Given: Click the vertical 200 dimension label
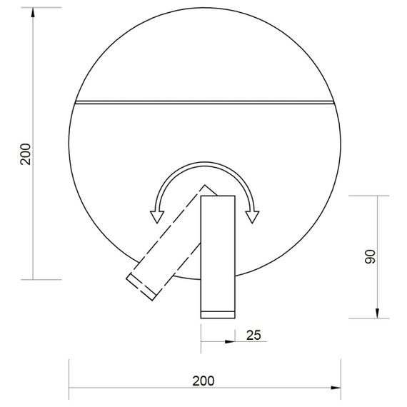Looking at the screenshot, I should point(26,154).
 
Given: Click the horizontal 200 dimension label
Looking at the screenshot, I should point(203,380).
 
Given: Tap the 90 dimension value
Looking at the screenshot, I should point(370,257).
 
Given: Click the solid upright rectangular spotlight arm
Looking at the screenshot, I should point(217,250).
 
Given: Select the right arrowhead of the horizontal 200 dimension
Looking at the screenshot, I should point(335,387).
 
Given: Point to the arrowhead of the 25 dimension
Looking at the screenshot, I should point(229,342).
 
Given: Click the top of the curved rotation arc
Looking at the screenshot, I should point(204,165).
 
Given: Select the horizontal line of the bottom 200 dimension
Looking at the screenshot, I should point(143,387).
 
